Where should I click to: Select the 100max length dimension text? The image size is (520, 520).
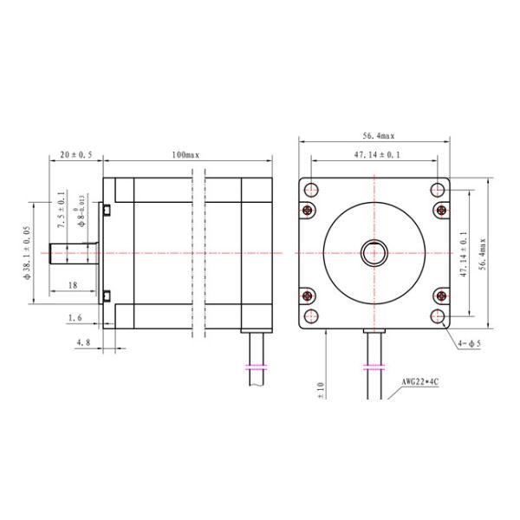[x=185, y=154]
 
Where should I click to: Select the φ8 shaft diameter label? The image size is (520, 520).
[x=81, y=211]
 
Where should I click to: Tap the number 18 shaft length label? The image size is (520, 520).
[x=72, y=284]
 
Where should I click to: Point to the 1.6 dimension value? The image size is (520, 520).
[x=75, y=318]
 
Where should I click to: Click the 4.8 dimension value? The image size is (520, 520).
[x=83, y=343]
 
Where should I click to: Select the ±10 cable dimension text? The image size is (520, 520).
[x=321, y=390]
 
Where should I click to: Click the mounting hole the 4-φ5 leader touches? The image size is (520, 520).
[x=440, y=315]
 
